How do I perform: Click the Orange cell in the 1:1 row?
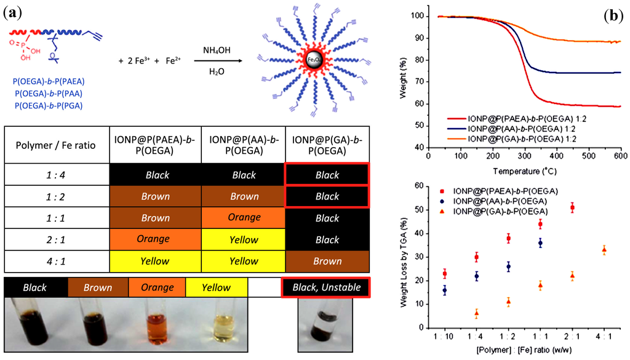244,218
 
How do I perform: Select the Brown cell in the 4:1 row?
327,261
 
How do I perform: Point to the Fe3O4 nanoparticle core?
314,60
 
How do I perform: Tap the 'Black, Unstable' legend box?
327,287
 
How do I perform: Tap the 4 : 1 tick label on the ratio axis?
604,338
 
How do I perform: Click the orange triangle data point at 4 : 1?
604,250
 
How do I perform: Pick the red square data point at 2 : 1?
572,208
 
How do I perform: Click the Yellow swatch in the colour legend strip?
217,287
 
